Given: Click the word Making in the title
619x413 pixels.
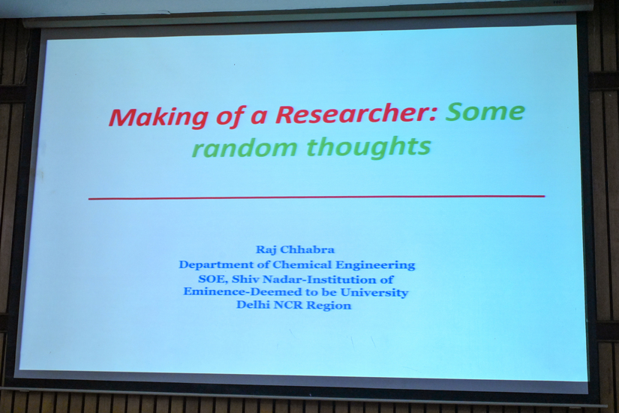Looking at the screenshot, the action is (x=158, y=117).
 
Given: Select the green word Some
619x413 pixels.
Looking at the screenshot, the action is (x=485, y=111).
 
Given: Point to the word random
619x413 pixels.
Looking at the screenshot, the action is (x=244, y=148).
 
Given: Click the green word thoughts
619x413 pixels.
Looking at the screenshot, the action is (x=368, y=146).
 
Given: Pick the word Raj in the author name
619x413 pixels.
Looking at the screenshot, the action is (x=266, y=250).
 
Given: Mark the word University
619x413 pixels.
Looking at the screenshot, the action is (x=374, y=292).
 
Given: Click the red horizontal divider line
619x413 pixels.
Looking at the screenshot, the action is (x=317, y=197).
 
